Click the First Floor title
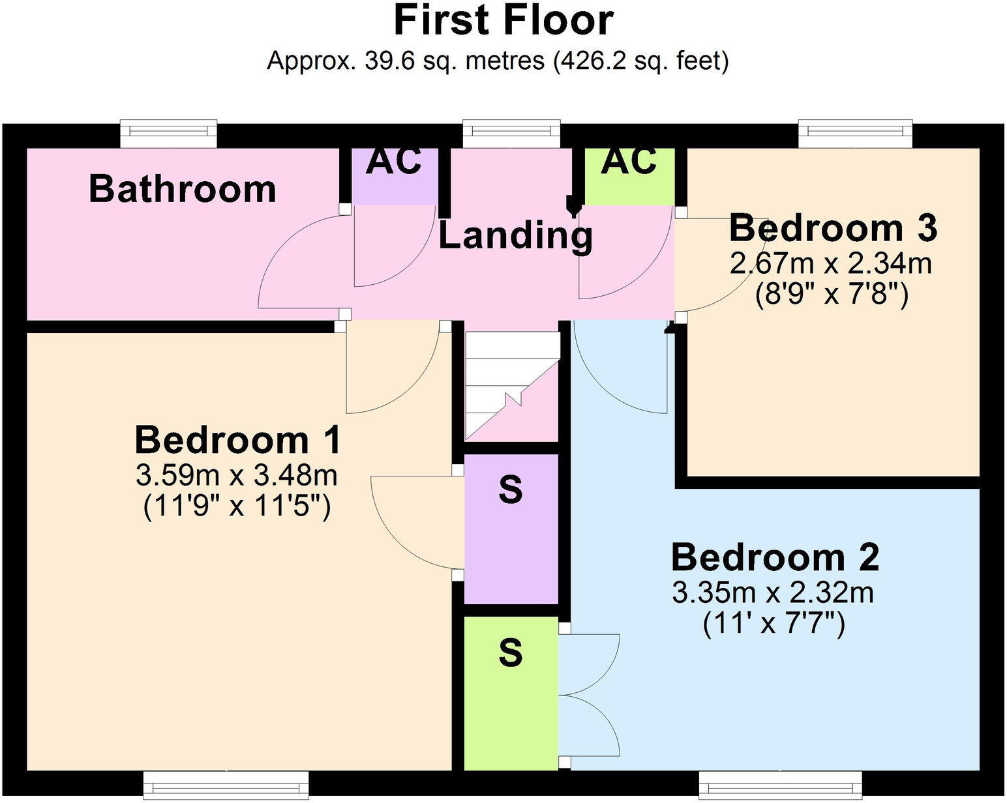(x=503, y=21)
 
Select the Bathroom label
(x=183, y=189)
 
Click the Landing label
(x=516, y=237)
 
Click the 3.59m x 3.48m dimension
(x=237, y=476)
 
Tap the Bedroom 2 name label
(x=775, y=557)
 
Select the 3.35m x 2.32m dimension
(x=773, y=592)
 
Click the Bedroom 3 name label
(x=833, y=227)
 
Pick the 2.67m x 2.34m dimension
(x=831, y=264)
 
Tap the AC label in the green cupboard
(x=629, y=162)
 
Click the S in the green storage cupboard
(x=511, y=653)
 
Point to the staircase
(x=513, y=387)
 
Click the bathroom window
(x=168, y=134)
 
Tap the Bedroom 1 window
(x=226, y=785)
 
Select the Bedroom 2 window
(x=781, y=785)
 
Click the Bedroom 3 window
(x=856, y=134)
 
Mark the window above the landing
(x=511, y=134)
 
